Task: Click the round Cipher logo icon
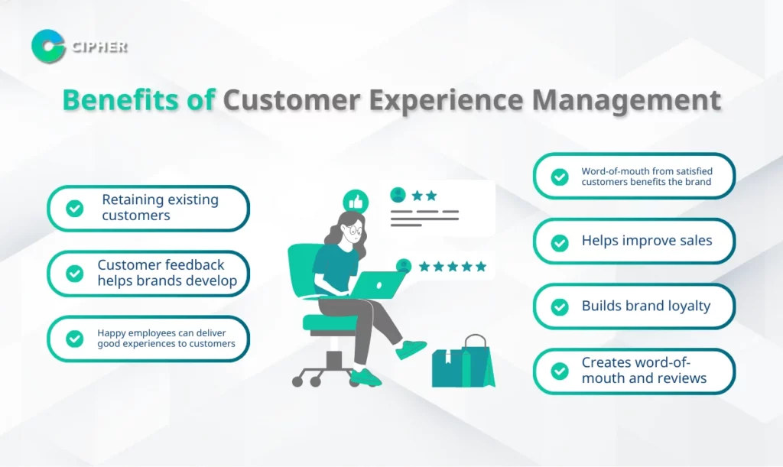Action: tap(48, 47)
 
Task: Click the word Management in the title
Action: tap(626, 100)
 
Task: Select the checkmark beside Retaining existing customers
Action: tap(75, 208)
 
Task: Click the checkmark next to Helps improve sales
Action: tap(559, 242)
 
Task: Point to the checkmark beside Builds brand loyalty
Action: tap(559, 306)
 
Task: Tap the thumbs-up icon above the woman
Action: tap(356, 202)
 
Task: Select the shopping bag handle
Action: tap(475, 342)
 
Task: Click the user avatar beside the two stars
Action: tap(398, 195)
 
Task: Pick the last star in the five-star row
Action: tap(481, 267)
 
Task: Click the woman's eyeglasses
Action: tap(355, 230)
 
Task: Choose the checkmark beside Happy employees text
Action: tap(75, 339)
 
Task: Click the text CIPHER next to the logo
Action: tap(99, 47)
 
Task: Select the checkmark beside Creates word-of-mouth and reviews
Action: tap(559, 371)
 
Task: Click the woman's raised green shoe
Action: tap(411, 349)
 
